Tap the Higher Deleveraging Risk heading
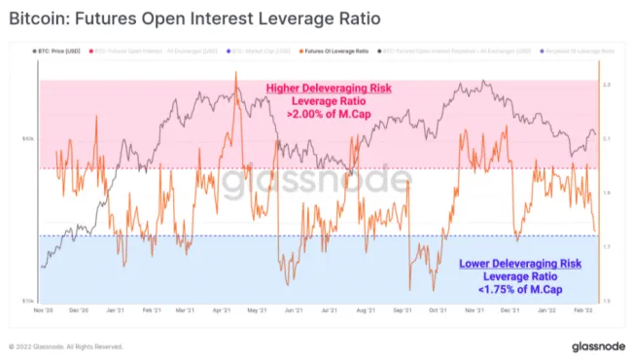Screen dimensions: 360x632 (x=329, y=89)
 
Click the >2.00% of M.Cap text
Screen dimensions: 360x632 (x=329, y=114)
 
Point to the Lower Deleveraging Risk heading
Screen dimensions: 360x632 (x=519, y=263)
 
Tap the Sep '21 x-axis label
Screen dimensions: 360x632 (x=401, y=310)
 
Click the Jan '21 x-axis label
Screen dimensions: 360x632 (x=115, y=310)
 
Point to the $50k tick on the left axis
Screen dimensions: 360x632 (x=29, y=139)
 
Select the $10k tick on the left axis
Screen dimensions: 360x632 (x=29, y=301)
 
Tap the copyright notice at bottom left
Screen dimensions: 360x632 (x=66, y=345)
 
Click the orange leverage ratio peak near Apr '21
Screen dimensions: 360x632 (x=235, y=73)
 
